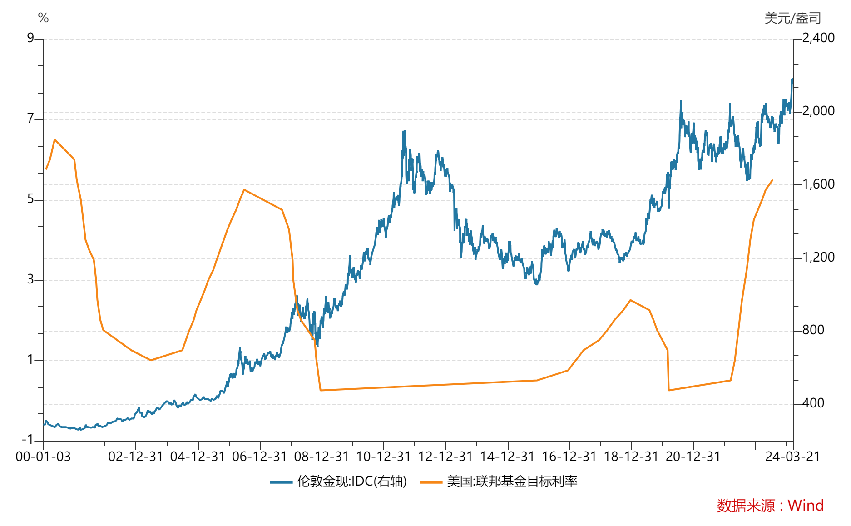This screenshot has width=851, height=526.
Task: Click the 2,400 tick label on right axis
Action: [818, 38]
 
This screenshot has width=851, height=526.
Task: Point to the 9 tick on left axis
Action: [31, 38]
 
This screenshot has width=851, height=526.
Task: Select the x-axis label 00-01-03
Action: [43, 457]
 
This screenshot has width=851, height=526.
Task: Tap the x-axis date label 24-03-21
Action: [792, 457]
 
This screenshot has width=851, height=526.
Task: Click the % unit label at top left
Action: [43, 18]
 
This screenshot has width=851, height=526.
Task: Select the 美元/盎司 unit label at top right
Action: [792, 18]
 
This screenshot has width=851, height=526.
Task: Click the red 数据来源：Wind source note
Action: [770, 506]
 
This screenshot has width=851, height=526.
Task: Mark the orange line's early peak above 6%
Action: [55, 140]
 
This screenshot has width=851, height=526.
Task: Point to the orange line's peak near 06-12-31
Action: [244, 190]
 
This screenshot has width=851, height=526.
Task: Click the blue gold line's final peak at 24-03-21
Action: [792, 79]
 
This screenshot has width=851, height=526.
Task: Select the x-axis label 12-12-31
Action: [445, 457]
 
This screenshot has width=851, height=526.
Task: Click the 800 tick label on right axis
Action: [813, 330]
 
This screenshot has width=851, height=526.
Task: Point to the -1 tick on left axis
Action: [28, 440]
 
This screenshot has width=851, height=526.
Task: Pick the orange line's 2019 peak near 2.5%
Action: [630, 300]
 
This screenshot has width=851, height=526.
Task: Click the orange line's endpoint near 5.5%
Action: [772, 180]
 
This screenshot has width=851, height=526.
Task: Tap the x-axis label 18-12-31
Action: [631, 457]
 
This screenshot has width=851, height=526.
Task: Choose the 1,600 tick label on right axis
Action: [818, 184]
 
